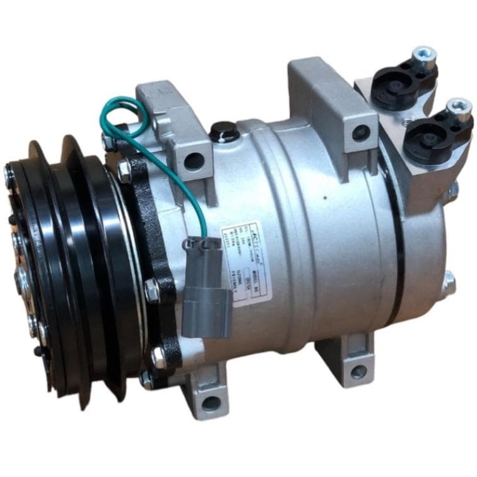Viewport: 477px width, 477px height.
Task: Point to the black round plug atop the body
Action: (225, 131)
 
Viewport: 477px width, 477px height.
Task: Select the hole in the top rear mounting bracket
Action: (361, 132)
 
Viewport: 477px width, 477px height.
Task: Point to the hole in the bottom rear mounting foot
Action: (358, 372)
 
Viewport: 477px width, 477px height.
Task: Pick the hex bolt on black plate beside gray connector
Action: (151, 290)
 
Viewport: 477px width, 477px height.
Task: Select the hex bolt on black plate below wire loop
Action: (124, 169)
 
